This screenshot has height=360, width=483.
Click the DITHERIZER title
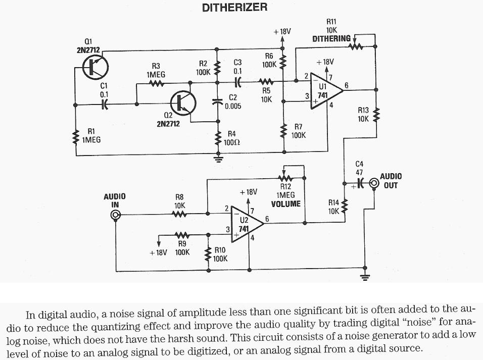point(234,8)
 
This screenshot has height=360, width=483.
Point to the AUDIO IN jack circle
point(115,216)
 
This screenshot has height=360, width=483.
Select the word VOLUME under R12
point(285,204)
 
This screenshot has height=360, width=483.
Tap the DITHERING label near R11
point(331,39)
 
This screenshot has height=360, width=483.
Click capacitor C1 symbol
point(105,105)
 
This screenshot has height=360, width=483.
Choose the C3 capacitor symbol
point(238,81)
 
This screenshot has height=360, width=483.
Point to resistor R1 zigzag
point(75,136)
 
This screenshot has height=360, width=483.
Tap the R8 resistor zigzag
point(179,214)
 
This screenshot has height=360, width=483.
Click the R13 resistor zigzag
point(376,116)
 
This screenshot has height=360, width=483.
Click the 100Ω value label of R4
point(232,142)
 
